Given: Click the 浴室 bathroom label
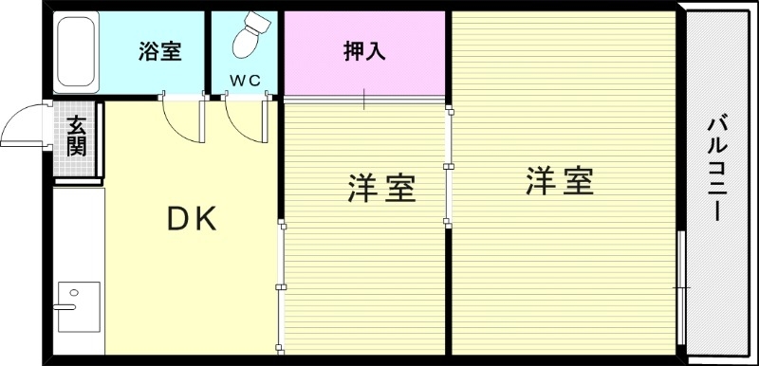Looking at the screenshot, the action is point(158,52).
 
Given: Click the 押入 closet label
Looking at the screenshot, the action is point(364,52).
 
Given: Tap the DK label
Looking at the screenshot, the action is point(192,220).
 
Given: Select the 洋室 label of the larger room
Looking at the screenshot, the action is point(560,181).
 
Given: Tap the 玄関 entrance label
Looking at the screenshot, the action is point(77,137).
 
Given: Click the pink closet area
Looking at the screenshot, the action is point(364,66).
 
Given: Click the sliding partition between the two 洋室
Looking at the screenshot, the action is point(448,168).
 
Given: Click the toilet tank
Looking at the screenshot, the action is point(260,22).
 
